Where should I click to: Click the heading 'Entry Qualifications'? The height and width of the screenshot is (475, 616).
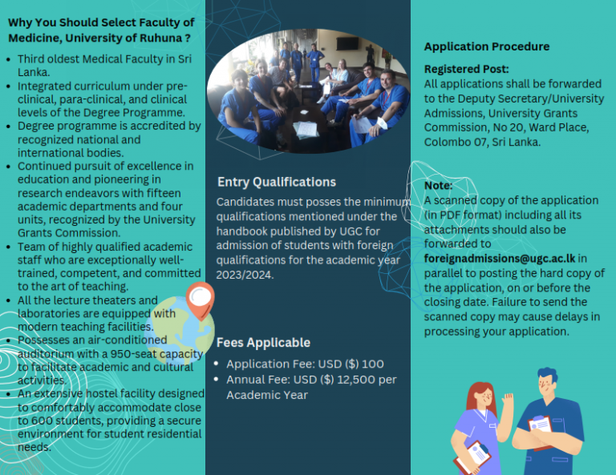click(x=277, y=183)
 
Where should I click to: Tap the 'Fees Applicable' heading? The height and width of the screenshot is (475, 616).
click(x=263, y=342)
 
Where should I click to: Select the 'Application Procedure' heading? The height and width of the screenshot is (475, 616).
click(x=487, y=46)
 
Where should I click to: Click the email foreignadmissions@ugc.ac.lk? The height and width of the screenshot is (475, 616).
click(x=500, y=259)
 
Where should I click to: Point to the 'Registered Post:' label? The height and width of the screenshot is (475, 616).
click(x=466, y=69)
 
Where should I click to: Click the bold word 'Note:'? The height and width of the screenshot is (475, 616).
click(x=439, y=185)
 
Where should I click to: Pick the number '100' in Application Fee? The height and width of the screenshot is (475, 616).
click(x=373, y=364)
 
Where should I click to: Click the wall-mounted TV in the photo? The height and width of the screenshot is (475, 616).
click(x=347, y=43)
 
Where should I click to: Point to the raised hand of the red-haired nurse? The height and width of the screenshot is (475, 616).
click(x=508, y=401)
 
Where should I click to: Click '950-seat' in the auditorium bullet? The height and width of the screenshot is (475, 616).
click(x=132, y=354)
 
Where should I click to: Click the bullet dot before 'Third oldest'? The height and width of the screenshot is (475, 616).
click(x=9, y=59)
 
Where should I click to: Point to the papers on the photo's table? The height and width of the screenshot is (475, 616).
click(x=306, y=130)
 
